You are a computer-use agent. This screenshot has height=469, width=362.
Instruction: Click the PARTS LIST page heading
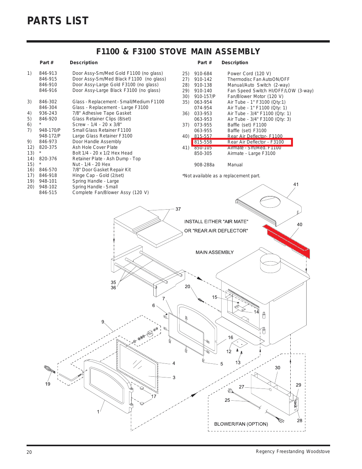[58, 21]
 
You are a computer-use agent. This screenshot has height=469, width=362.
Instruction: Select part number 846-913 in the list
[48, 73]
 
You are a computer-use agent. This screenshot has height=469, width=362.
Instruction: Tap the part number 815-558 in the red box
[203, 142]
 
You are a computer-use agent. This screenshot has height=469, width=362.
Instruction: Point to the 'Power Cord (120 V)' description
[249, 74]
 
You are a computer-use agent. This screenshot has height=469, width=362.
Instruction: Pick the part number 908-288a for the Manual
[204, 165]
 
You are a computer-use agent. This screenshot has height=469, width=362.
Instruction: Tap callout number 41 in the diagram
[296, 185]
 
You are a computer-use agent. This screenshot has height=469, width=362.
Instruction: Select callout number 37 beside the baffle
[178, 209]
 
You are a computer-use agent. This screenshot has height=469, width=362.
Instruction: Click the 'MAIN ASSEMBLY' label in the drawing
[214, 252]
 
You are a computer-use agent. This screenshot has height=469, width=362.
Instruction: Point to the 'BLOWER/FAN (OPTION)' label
[241, 424]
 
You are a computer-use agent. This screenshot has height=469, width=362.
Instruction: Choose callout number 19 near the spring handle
[48, 384]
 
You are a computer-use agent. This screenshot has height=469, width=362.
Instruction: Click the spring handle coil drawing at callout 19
[50, 369]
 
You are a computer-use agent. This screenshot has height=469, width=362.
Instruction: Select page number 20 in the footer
[29, 452]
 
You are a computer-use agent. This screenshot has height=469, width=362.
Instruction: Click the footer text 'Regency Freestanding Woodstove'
[293, 452]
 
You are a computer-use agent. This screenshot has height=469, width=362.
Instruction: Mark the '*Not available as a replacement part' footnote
[221, 176]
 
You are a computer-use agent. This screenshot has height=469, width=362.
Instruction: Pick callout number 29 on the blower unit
[298, 385]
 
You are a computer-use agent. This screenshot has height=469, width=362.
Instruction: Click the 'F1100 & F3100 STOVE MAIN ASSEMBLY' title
[178, 52]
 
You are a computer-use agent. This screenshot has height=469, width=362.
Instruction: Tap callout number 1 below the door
[98, 412]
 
